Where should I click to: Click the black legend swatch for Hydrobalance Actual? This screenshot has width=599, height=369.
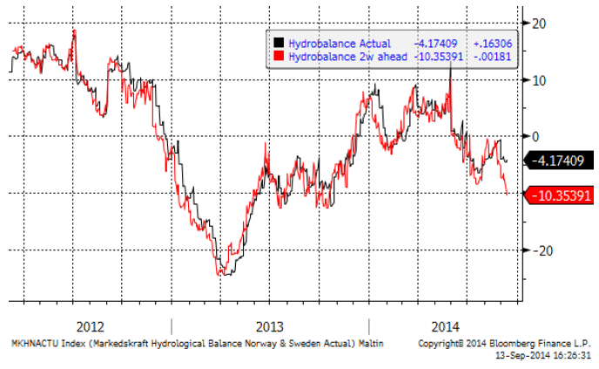point(278,43)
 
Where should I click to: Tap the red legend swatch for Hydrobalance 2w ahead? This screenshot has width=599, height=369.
point(278,56)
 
